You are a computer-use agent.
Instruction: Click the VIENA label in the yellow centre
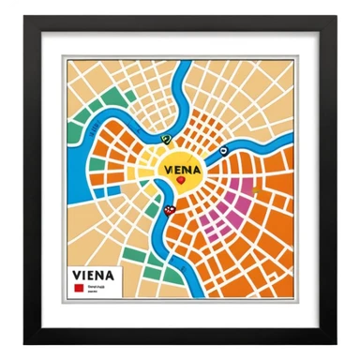click(x=179, y=170)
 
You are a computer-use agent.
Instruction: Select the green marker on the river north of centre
click(x=166, y=140)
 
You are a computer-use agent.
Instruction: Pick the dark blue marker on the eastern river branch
click(x=223, y=150)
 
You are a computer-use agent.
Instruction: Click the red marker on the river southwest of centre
click(x=170, y=210)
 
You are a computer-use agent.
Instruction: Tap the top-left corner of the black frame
click(x=26, y=17)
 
